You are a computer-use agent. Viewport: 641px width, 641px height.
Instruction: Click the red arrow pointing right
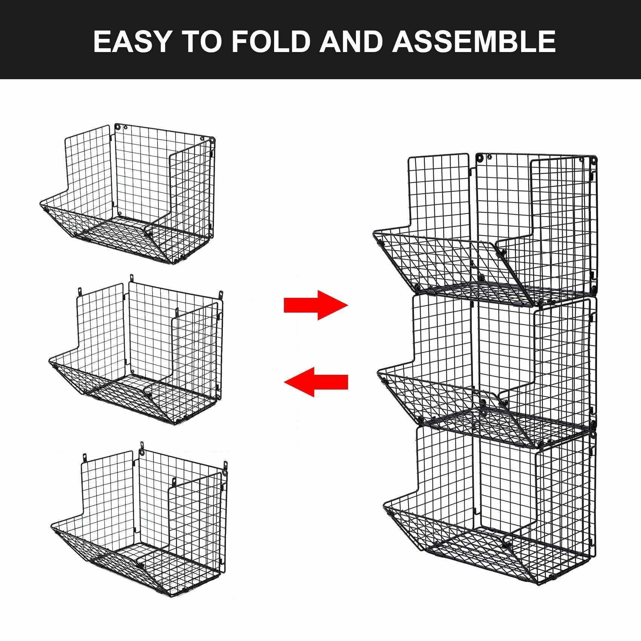click(x=316, y=305)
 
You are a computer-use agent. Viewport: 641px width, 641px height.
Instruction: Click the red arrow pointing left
click(x=316, y=382)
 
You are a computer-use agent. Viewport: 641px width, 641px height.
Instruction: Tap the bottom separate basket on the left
click(x=139, y=520)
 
